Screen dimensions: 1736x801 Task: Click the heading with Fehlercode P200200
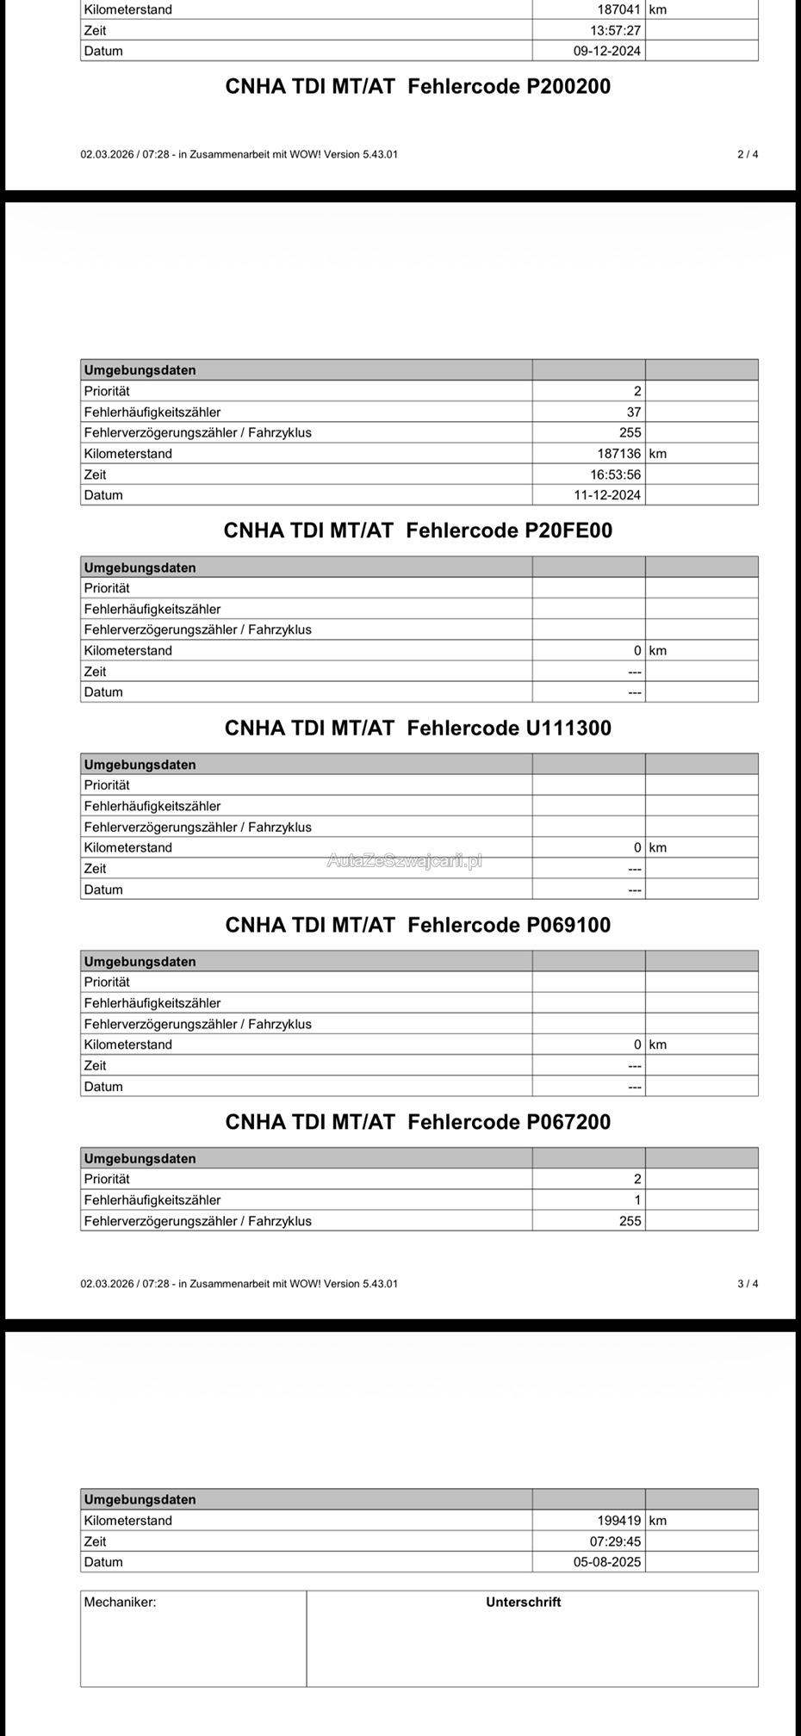coord(418,86)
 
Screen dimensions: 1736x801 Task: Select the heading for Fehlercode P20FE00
coord(418,530)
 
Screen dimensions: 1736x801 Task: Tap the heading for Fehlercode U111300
coord(418,728)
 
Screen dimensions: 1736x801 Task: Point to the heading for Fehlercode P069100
coord(418,925)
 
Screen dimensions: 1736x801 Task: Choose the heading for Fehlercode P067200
coord(418,1122)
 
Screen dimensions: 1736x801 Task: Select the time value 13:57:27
coord(615,30)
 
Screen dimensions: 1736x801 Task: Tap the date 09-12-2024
coord(607,51)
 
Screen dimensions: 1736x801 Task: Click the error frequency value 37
coord(634,412)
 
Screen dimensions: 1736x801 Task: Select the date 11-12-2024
coord(607,495)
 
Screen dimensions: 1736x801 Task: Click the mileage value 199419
coord(619,1521)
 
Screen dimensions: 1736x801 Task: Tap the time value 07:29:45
coord(615,1541)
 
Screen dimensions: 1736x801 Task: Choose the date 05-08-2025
coord(607,1562)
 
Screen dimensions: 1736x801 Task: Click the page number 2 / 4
coord(748,154)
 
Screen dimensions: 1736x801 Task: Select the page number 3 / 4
coord(748,1284)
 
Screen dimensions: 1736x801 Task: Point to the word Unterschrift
coord(523,1603)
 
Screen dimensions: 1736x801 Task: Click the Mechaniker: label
coord(120,1603)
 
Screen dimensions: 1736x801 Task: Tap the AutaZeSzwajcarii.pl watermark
coord(404,859)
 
